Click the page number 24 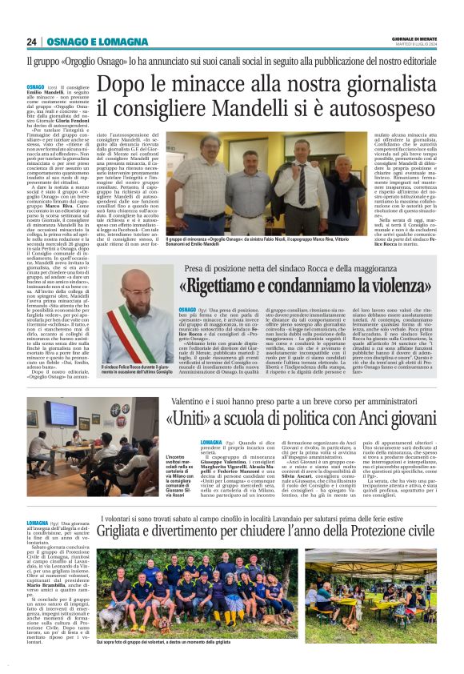[x=31, y=42]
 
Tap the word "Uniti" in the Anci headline [x=186, y=418]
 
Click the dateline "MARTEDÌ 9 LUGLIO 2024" [x=414, y=44]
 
